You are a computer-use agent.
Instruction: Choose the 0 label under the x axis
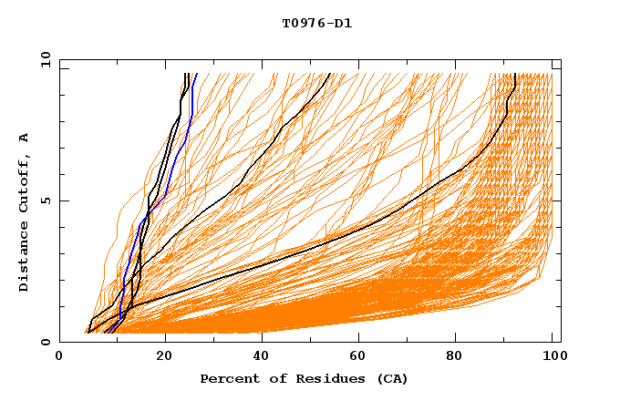60,358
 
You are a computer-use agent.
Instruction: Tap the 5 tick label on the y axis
44,200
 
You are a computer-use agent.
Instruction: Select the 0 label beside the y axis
44,342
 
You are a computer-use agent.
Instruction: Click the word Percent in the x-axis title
227,378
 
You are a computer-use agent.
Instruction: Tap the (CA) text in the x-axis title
391,378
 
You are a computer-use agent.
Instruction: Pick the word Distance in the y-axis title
25,262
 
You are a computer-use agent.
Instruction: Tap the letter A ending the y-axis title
25,138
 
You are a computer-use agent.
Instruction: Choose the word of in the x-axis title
274,378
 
